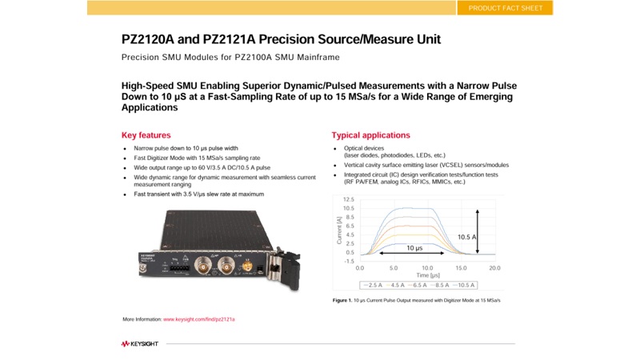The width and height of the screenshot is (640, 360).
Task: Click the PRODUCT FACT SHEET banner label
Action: pos(505,8)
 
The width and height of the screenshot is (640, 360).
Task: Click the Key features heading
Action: pos(146,135)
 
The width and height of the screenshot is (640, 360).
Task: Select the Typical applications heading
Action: pos(370,135)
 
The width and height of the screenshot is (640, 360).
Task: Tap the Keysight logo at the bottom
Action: pos(140,344)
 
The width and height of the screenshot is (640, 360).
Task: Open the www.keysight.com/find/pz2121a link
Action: pos(199,319)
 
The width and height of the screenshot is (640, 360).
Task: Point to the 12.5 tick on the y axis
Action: pos(348,199)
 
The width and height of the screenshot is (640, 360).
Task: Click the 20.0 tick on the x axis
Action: pos(494,268)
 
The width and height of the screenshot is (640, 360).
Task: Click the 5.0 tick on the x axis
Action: pos(394,268)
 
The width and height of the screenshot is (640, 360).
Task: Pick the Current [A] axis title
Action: pos(340,230)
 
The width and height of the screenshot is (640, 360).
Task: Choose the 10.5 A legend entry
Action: pos(465,285)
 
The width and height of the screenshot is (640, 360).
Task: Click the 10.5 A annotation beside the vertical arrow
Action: pos(467,237)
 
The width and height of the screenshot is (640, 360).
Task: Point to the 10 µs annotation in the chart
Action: pos(414,248)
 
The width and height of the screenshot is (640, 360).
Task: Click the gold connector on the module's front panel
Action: pos(248,266)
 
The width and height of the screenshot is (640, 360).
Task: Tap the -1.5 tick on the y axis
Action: pos(349,261)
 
